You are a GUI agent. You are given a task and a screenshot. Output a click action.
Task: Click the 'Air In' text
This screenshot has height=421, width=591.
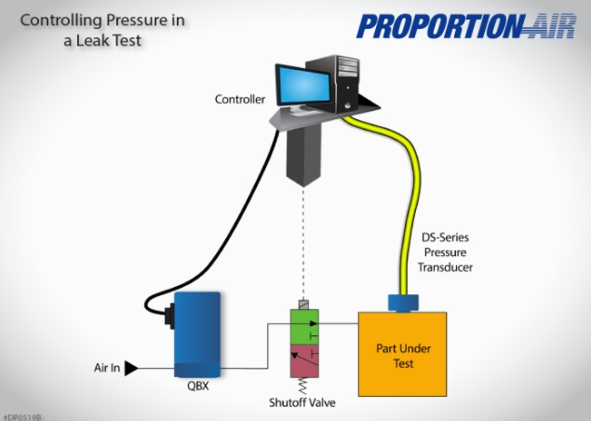click(107, 368)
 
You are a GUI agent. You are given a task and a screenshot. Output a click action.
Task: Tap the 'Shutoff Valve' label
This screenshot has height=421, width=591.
click(301, 402)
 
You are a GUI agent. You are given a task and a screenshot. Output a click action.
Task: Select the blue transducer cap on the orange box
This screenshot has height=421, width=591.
click(402, 302)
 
